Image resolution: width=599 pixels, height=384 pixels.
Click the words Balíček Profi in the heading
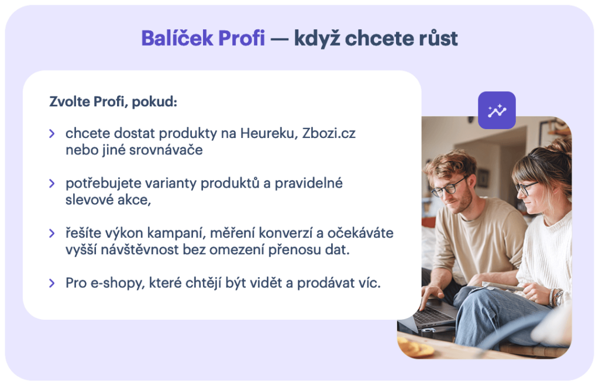click(202, 39)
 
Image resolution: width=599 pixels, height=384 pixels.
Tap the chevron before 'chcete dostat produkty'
click(52, 133)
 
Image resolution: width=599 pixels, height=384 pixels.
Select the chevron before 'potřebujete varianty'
click(52, 184)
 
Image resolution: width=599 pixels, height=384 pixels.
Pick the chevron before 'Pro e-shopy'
click(52, 283)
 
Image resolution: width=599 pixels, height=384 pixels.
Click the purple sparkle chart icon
click(497, 110)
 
